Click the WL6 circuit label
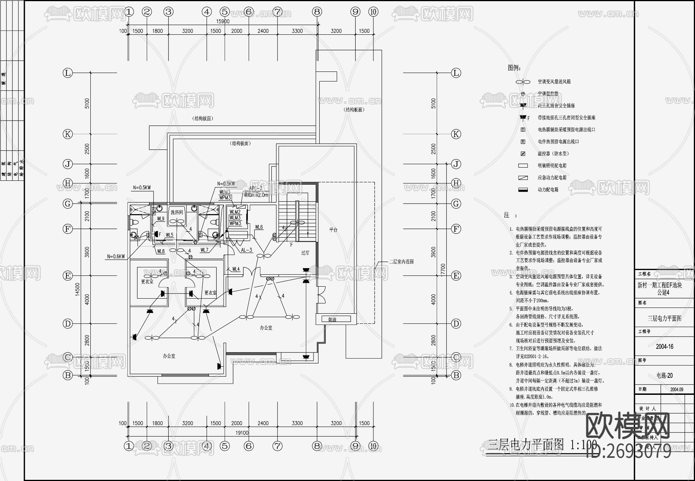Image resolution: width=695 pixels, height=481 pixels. pos(259,227)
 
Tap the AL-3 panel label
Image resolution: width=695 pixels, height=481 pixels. pos(246,250)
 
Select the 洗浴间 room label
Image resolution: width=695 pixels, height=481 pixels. pos(176,212)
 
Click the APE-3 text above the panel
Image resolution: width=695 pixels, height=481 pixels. pos(256,189)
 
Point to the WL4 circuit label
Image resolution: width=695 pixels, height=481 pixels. pos(236,269)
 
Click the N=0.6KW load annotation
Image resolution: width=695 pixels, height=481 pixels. pos(116,257)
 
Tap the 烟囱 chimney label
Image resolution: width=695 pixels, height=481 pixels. pos(333,320)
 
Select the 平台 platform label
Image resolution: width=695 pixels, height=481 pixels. pos(333,230)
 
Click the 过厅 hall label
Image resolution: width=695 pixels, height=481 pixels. pos(305,253)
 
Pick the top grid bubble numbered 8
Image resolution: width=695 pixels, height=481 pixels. pos(317,12)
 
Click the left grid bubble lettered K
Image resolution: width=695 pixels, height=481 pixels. pos(68,134)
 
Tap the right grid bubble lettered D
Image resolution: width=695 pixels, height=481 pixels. pos(456,324)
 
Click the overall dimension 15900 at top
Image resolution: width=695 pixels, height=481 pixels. pos(223,22)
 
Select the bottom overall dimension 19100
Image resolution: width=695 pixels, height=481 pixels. pos(242,433)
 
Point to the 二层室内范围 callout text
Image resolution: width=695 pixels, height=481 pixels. pos(401,262)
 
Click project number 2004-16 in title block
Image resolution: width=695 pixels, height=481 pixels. pos(664,347)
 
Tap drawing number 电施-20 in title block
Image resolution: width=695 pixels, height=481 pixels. pos(664,375)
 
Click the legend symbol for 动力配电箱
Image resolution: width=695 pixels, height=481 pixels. pos(523,190)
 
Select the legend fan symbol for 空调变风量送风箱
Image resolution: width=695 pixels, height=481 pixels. pos(523,82)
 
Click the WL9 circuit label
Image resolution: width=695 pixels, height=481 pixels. pos(161,219)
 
